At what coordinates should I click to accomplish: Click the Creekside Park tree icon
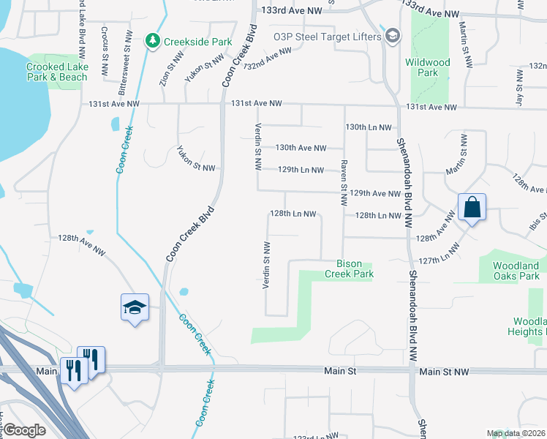point(153,41)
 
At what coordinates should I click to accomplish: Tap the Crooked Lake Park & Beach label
point(56,72)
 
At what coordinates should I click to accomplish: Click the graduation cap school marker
point(135,307)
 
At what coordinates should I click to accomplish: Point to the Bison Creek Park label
point(355,269)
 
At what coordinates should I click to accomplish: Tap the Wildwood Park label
point(428,68)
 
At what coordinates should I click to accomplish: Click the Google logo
point(25,430)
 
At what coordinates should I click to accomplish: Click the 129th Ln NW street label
point(301,170)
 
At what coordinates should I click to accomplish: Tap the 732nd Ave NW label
point(268,61)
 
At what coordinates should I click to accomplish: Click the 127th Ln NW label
point(440,255)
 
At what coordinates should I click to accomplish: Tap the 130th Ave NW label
point(301,148)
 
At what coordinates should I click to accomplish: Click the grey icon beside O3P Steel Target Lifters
point(393,36)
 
